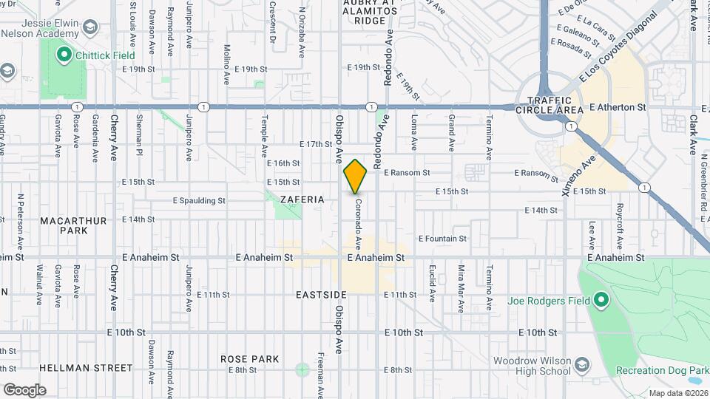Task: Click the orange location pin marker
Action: tap(355, 177)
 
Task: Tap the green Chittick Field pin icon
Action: tap(64, 54)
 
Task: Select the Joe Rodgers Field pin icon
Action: tap(601, 300)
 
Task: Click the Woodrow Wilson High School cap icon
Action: tap(583, 366)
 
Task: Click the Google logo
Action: tap(24, 389)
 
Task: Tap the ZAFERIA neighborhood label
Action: tap(302, 199)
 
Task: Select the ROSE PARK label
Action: tap(250, 359)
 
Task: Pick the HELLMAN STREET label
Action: tap(86, 367)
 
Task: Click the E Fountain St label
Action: tap(442, 239)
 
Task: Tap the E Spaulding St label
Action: tap(199, 200)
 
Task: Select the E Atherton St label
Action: tap(618, 107)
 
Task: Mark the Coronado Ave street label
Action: tap(358, 222)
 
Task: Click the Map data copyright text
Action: tap(678, 393)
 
